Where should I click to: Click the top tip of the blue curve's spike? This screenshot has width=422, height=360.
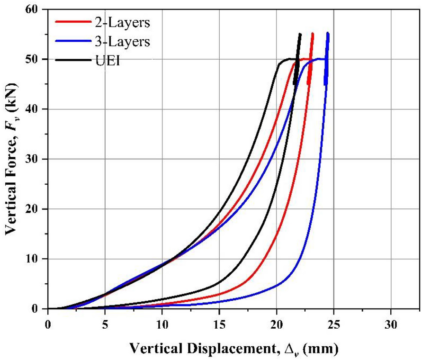coord(328,33)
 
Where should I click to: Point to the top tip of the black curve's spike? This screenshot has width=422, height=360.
coord(300,34)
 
